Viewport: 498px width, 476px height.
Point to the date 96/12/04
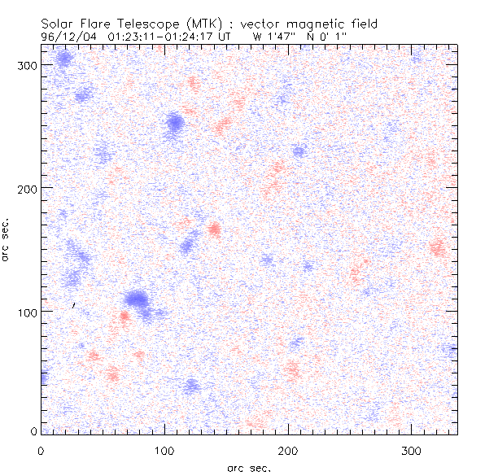[x=69, y=37]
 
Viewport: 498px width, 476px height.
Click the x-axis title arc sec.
[x=249, y=467]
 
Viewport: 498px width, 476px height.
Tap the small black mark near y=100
[x=74, y=306]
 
